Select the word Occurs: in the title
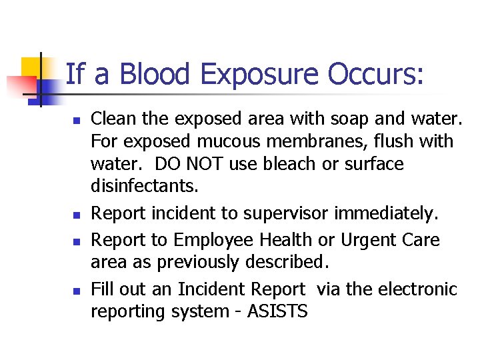375,74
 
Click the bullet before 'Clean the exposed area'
77,121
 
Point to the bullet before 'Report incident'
77,215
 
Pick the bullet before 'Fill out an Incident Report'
77,291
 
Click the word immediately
390,214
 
